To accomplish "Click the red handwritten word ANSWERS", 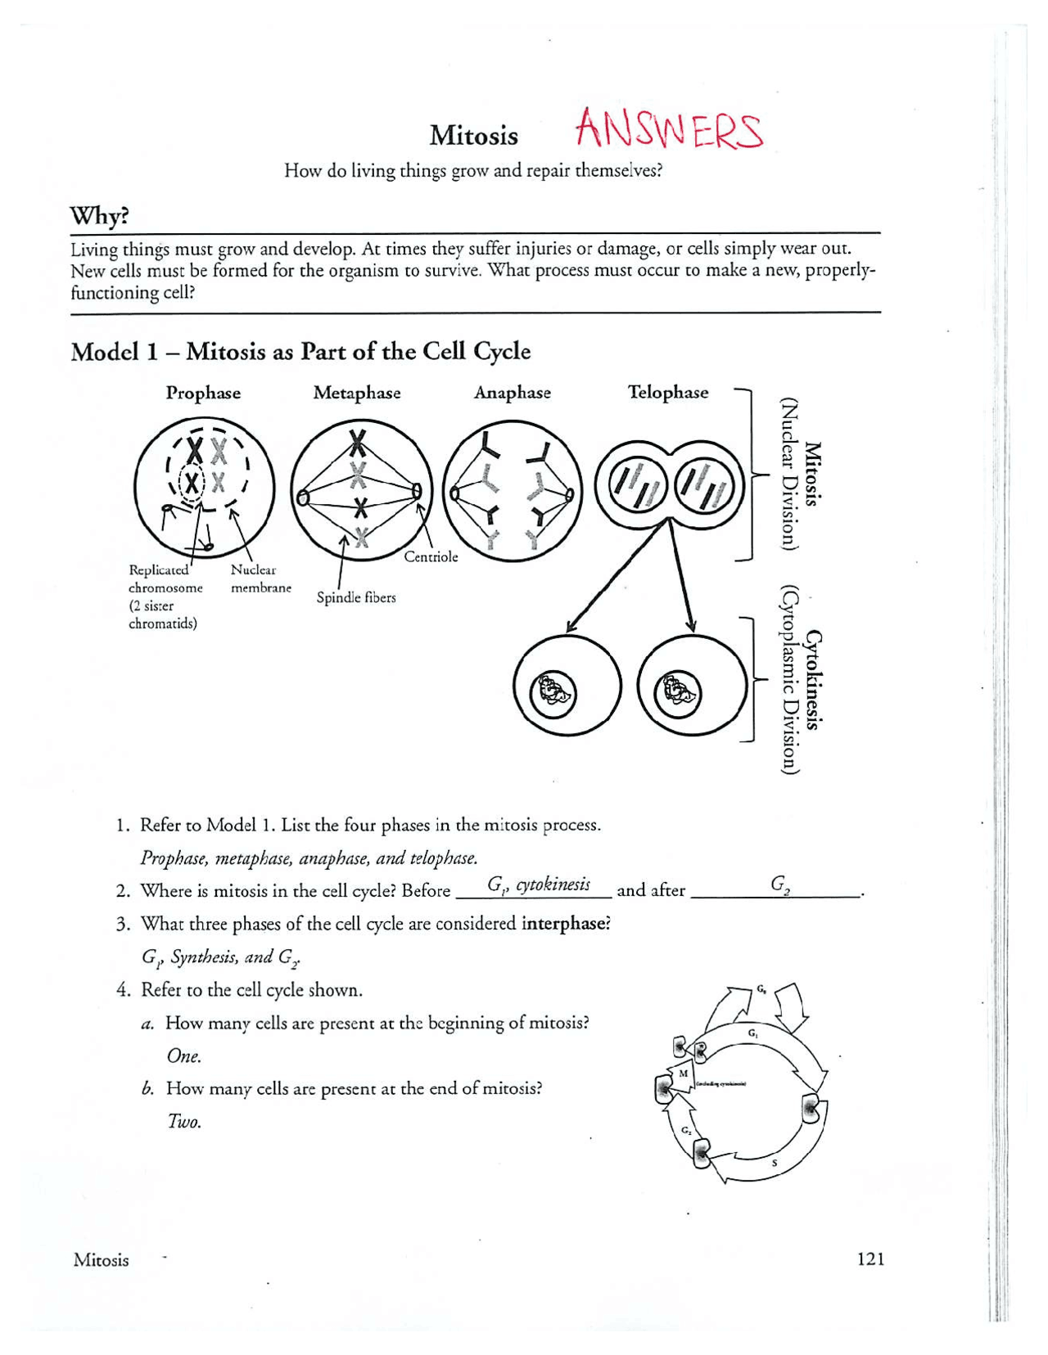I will tap(669, 131).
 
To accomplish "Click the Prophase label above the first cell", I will tap(203, 393).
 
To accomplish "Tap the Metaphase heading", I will tap(357, 393).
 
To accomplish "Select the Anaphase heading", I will tap(513, 393).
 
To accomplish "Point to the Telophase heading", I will tap(668, 392).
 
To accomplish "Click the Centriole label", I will tap(431, 557).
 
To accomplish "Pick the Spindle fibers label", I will tap(356, 598).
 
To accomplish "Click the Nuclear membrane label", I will tap(260, 578).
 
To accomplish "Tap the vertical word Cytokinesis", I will tap(813, 679).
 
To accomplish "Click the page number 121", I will tap(870, 1258).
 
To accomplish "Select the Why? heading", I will tap(99, 216).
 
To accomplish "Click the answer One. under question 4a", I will tap(184, 1056).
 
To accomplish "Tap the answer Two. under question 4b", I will tap(184, 1122).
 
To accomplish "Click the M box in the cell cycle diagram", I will tap(683, 1074).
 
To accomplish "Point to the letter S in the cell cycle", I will tap(775, 1163).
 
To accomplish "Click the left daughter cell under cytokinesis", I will tap(567, 687).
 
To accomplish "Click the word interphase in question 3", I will tap(566, 924).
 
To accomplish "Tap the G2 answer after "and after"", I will tap(779, 884).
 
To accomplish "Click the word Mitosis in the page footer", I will tap(101, 1260).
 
